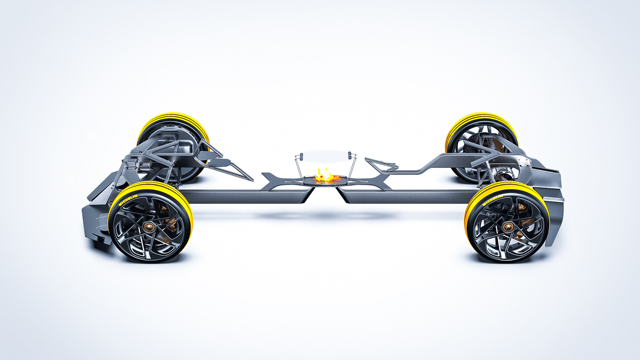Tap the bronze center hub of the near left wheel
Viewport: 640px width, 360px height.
pos(149,227)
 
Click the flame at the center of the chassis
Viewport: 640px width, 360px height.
pos(325,175)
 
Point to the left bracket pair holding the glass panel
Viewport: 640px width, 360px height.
pos(301,156)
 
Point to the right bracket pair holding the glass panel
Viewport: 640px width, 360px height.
pos(350,155)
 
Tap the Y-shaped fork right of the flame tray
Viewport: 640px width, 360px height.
pos(377,182)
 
